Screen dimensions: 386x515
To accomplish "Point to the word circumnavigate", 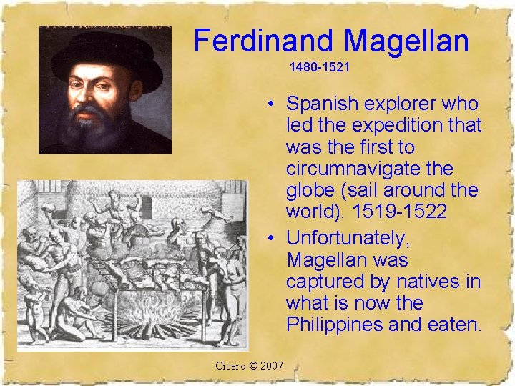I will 369,169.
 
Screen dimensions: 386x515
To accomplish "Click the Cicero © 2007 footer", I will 249,366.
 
